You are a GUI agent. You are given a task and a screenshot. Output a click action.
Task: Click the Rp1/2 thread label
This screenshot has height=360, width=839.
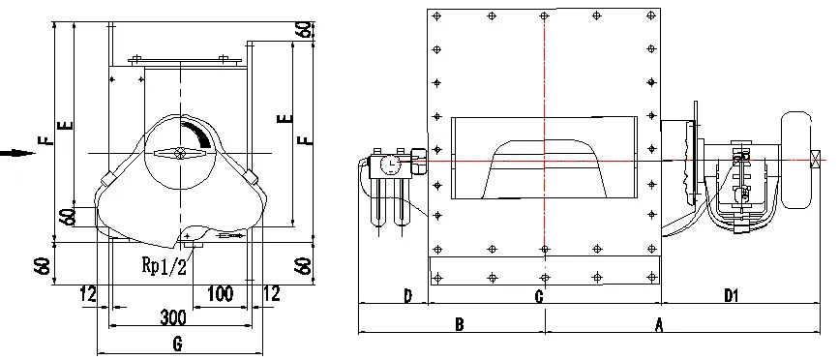165,265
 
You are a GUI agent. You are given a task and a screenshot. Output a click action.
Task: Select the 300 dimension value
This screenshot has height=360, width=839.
173,317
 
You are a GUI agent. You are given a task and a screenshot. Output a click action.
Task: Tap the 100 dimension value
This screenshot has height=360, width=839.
220,293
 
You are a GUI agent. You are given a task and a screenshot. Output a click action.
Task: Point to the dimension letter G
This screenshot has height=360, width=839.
178,344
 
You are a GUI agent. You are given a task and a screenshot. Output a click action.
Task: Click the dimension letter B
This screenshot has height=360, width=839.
459,324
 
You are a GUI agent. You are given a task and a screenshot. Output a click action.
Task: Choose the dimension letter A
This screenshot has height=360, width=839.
659,324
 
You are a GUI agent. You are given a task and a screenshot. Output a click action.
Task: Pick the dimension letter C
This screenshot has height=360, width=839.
539,296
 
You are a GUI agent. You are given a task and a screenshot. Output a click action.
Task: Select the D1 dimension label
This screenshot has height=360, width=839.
731,296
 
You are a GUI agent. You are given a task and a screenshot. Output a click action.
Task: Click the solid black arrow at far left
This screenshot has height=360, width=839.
17,154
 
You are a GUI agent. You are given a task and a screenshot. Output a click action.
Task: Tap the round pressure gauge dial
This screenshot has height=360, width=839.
391,165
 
